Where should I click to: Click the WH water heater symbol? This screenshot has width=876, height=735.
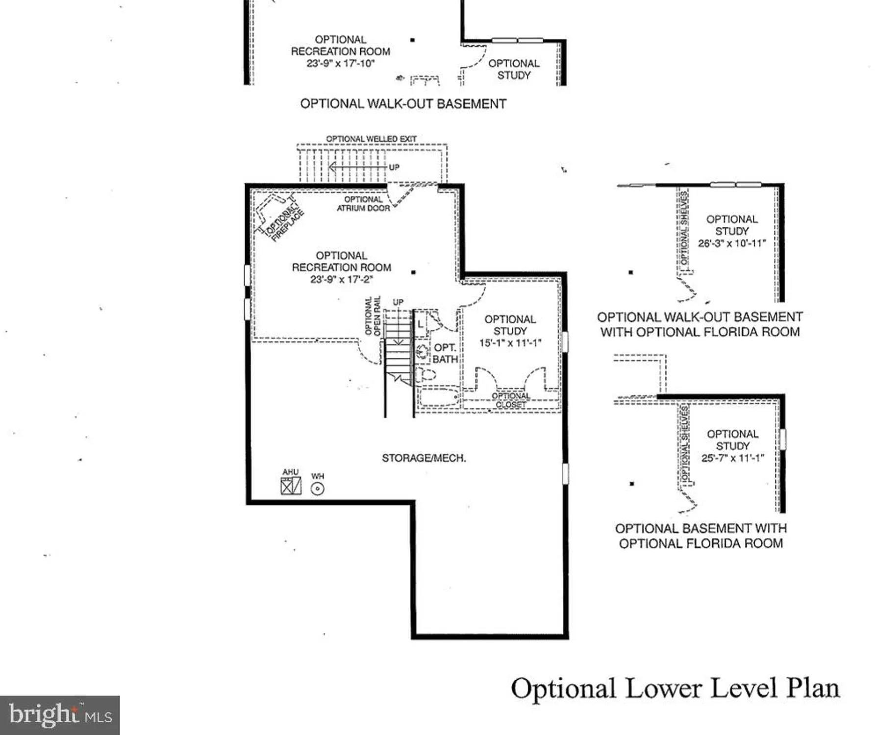[318, 489]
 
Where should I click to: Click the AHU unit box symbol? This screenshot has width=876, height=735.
[291, 486]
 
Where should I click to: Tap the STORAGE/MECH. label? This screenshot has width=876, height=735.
[424, 458]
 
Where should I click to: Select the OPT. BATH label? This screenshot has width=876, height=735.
[445, 353]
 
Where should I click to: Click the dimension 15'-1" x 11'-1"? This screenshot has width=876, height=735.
[510, 343]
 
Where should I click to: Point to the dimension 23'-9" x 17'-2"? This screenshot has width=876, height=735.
[341, 279]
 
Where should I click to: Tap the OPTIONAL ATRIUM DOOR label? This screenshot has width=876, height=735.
[363, 204]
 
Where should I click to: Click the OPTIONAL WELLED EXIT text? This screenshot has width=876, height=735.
[371, 139]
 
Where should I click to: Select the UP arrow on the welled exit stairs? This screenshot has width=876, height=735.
[358, 168]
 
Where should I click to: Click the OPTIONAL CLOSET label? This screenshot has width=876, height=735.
[511, 400]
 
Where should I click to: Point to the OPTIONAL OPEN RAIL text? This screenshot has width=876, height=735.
[373, 316]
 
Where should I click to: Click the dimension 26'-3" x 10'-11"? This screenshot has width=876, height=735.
[731, 244]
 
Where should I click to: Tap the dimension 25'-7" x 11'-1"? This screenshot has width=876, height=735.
[732, 458]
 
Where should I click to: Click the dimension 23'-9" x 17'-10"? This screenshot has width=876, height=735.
[340, 63]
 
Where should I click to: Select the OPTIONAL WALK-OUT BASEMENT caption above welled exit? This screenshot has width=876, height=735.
[403, 104]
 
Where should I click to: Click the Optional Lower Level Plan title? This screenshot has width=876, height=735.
[675, 688]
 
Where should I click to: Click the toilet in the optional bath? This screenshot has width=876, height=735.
[425, 375]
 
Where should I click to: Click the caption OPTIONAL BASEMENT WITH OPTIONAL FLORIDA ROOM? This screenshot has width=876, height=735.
[701, 536]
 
